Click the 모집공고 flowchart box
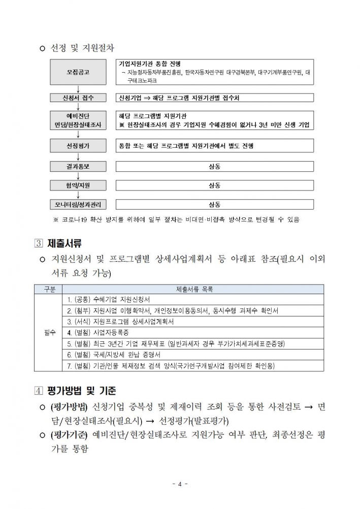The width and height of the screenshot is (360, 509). point(78,73)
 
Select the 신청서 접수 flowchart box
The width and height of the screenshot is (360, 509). point(78,98)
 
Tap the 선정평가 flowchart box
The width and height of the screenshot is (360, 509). point(78,146)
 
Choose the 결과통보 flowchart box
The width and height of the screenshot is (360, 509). point(78,166)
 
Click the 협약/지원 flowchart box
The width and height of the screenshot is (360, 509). point(78,185)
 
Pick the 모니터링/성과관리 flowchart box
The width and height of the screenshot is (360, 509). point(78,205)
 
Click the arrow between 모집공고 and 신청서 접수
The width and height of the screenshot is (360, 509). point(78,89)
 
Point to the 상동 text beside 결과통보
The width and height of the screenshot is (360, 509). point(214,166)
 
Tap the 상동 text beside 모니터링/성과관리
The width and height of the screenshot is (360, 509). point(214,205)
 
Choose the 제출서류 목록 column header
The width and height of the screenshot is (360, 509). point(194,290)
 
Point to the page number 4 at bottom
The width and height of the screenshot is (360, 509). point(180,484)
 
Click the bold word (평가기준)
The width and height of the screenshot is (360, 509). point(70,435)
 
